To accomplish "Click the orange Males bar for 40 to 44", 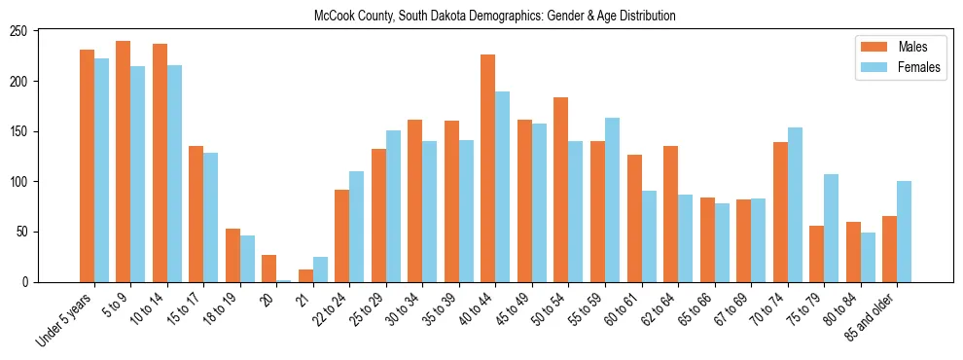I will click(x=488, y=168).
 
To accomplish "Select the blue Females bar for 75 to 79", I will click(x=831, y=229).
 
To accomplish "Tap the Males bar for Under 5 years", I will click(x=87, y=165).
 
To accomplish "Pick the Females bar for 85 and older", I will click(x=904, y=232).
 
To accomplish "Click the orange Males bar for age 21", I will click(x=305, y=275).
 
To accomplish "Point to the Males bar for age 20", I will click(x=269, y=269).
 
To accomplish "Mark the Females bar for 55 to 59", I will click(x=612, y=200).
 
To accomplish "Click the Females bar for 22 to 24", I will click(x=357, y=227).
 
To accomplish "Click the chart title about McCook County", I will click(x=494, y=17).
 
